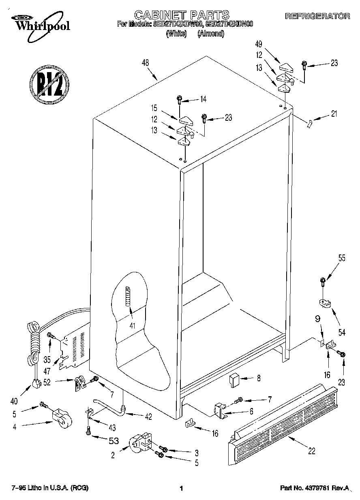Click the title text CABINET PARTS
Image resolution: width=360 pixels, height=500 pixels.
point(182,15)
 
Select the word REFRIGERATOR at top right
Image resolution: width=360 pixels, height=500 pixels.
point(317,17)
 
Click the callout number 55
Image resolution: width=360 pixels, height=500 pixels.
point(342,258)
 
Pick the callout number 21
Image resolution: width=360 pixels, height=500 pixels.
point(333,114)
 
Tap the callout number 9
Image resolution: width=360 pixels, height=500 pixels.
point(317,319)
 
